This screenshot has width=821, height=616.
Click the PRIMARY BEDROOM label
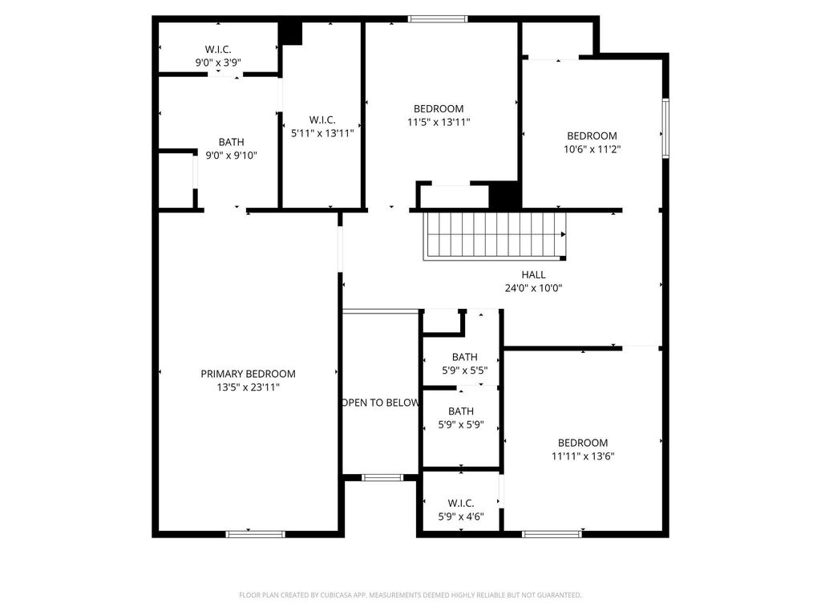click(249, 374)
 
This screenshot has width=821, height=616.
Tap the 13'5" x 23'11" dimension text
click(249, 387)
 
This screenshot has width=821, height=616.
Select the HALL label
click(533, 274)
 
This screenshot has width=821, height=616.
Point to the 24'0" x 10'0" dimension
click(533, 288)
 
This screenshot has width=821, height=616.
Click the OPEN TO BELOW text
click(381, 403)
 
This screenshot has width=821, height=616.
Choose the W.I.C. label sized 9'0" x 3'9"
click(218, 50)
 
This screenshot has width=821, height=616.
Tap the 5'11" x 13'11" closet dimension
click(322, 134)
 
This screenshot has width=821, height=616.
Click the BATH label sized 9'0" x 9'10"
click(232, 142)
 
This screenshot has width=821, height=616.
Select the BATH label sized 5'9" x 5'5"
click(465, 357)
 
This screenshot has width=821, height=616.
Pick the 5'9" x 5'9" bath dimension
click(461, 425)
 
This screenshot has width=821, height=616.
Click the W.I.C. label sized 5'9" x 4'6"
click(461, 504)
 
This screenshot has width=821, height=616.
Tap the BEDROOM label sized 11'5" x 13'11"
click(439, 109)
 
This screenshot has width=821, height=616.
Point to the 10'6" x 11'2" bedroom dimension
click(592, 149)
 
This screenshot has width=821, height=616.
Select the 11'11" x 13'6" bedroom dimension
click(583, 456)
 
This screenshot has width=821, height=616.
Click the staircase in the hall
click(494, 236)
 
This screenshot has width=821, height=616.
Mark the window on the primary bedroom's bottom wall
click(256, 534)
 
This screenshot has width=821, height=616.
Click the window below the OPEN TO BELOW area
click(382, 478)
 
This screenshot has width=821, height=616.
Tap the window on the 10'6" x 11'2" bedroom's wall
click(666, 128)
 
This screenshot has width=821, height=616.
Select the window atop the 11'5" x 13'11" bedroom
click(438, 19)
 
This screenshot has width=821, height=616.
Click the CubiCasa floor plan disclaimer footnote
click(410, 595)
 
